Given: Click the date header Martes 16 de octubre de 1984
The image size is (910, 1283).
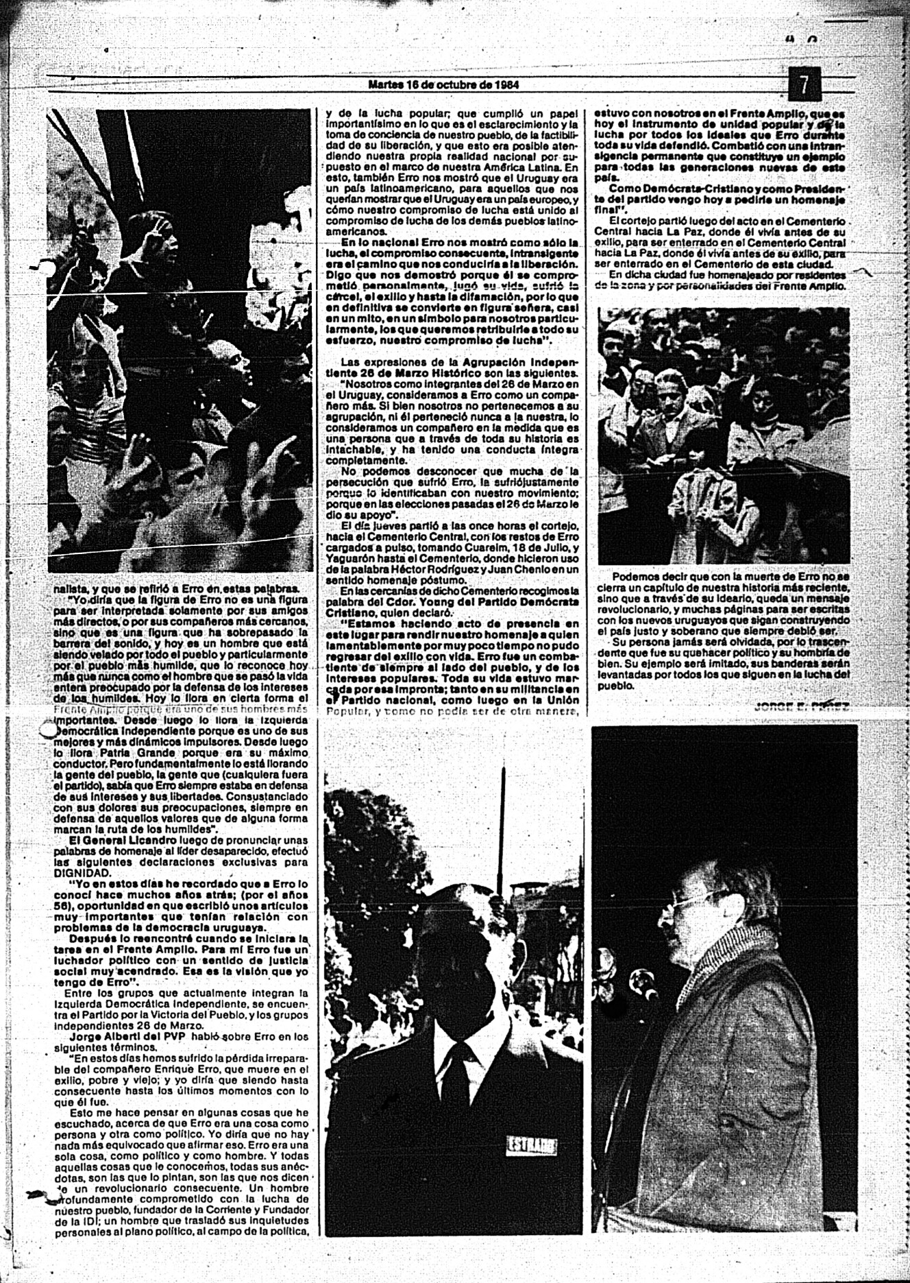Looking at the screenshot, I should point(443,86).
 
